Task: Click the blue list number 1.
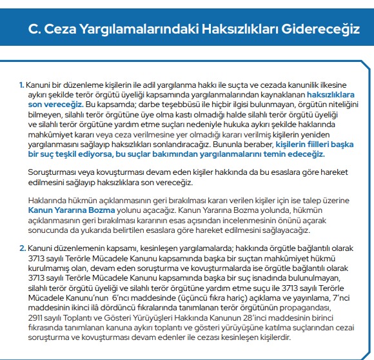coord(21,85)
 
